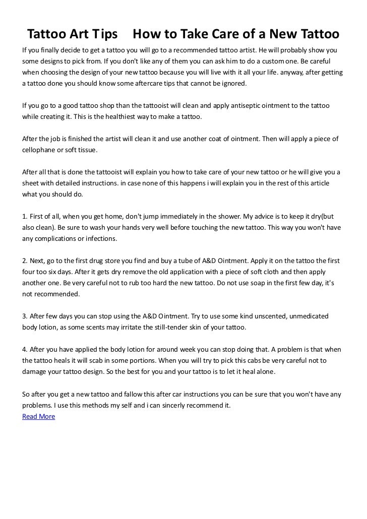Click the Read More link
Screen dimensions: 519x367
click(39, 417)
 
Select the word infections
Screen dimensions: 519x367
click(100, 238)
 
